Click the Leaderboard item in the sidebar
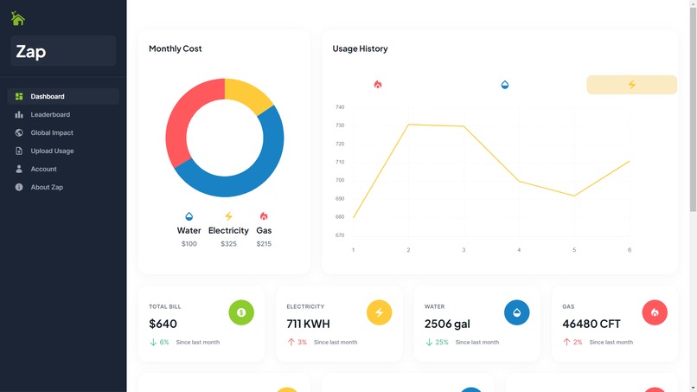pyautogui.click(x=50, y=114)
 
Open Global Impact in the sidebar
pyautogui.click(x=52, y=132)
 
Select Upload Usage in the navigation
pyautogui.click(x=52, y=151)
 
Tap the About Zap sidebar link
pyautogui.click(x=47, y=187)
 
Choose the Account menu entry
pyautogui.click(x=43, y=169)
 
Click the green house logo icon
pyautogui.click(x=17, y=18)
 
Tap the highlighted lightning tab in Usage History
pyautogui.click(x=631, y=85)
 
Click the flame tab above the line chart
pyautogui.click(x=378, y=85)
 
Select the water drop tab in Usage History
pyautogui.click(x=505, y=85)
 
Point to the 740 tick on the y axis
pyautogui.click(x=340, y=107)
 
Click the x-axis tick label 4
pyautogui.click(x=519, y=250)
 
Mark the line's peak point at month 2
pyautogui.click(x=408, y=125)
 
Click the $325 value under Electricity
pyautogui.click(x=228, y=244)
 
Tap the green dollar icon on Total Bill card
pyautogui.click(x=241, y=312)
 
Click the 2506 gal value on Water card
pyautogui.click(x=447, y=324)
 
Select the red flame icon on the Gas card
pyautogui.click(x=655, y=312)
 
